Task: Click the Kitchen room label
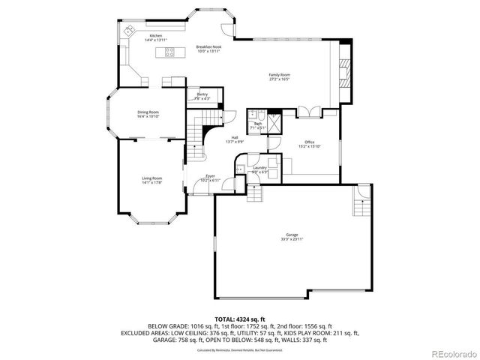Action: (x=155, y=35)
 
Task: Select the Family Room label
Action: (x=280, y=74)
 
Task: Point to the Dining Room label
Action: (x=148, y=112)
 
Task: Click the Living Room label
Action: (x=151, y=178)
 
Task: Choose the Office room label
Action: (x=309, y=142)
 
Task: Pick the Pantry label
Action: (x=202, y=94)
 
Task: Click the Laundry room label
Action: (x=259, y=168)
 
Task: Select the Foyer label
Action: (x=211, y=175)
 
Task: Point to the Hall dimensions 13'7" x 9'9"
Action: (x=235, y=142)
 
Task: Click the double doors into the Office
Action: (x=308, y=113)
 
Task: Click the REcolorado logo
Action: (x=451, y=354)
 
